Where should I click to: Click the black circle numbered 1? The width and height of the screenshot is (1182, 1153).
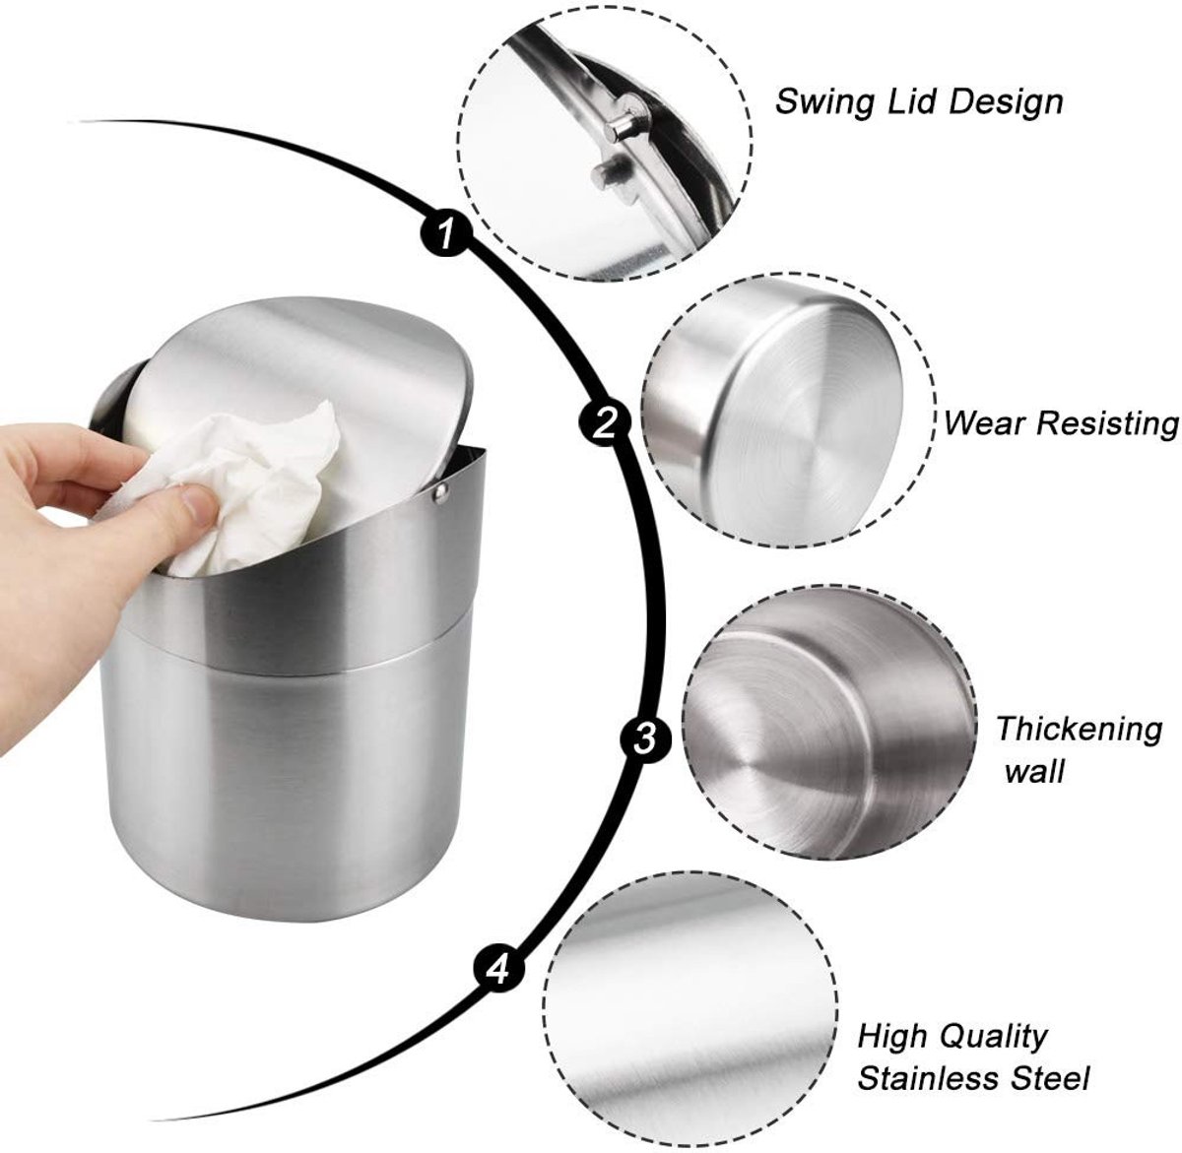coord(446,233)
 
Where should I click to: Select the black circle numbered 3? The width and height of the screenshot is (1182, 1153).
coord(644,739)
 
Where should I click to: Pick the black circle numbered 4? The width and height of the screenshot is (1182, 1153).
coord(498,970)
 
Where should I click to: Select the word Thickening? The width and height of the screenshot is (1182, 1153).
coord(1080,730)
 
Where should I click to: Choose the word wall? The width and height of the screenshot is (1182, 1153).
coord(1034,772)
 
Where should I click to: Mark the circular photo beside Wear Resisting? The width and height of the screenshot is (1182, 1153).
coord(788,410)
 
